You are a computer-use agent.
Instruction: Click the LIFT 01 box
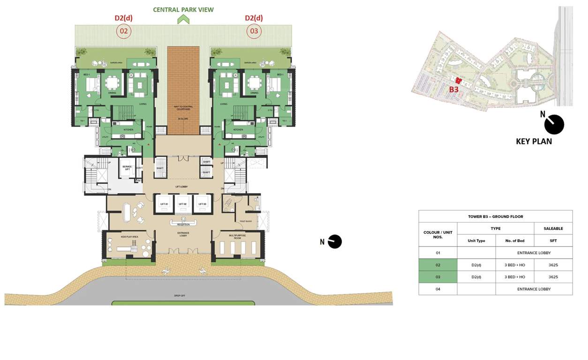pyautogui.click(x=163, y=204)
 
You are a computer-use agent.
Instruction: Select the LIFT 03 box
pyautogui.click(x=202, y=204)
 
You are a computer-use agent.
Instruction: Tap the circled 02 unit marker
pyautogui.click(x=124, y=31)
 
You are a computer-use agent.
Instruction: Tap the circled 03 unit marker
pyautogui.click(x=254, y=31)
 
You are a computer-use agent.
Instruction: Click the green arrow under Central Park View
pyautogui.click(x=183, y=19)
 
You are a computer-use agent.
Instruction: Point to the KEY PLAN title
pyautogui.click(x=534, y=141)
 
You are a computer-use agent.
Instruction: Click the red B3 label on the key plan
pyautogui.click(x=453, y=90)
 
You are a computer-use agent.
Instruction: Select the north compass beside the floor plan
pyautogui.click(x=334, y=241)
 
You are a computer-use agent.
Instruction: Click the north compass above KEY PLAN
pyautogui.click(x=554, y=124)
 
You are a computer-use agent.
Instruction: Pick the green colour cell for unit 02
pyautogui.click(x=438, y=265)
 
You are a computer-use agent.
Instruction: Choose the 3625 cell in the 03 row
pyautogui.click(x=553, y=277)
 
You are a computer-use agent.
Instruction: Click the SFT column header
pyautogui.click(x=553, y=240)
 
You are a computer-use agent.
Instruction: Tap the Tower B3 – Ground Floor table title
pyautogui.click(x=496, y=217)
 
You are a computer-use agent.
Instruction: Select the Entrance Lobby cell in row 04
pyautogui.click(x=534, y=289)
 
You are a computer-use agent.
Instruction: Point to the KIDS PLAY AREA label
pyautogui.click(x=129, y=237)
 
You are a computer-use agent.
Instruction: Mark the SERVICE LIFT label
pyautogui.click(x=127, y=168)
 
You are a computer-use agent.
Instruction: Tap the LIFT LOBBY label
pyautogui.click(x=183, y=187)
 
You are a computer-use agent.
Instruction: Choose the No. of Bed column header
pyautogui.click(x=515, y=240)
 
